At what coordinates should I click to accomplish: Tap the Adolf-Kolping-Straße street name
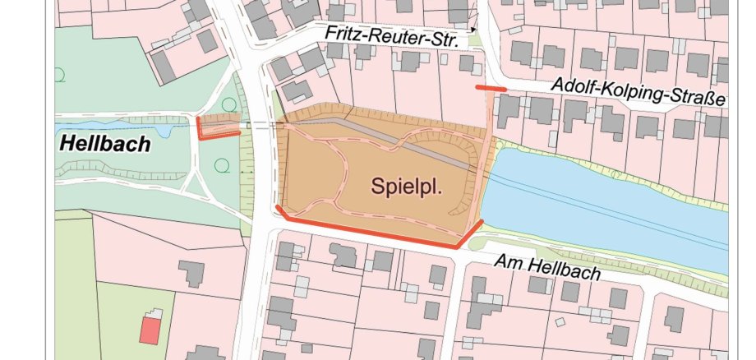click(x=638, y=92)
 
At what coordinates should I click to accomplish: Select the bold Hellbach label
click(x=105, y=145)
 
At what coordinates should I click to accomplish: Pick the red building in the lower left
click(x=150, y=331)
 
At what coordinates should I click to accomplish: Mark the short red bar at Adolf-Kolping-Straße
click(x=491, y=87)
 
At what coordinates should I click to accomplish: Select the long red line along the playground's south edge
click(x=370, y=233)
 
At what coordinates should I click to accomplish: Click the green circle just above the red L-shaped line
click(x=228, y=104)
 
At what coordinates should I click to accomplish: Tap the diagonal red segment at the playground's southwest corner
click(x=281, y=213)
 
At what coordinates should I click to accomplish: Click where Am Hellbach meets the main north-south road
click(x=261, y=226)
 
